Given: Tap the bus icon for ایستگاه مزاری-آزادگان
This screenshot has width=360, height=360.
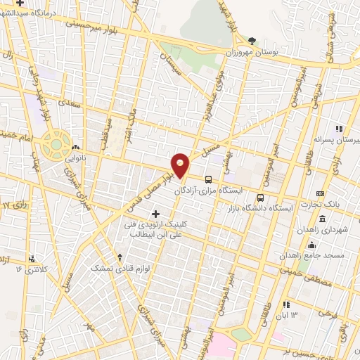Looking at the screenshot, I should pyautogui.click(x=209, y=179).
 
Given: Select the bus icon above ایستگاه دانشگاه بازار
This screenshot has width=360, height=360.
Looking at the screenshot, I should pyautogui.click(x=261, y=178).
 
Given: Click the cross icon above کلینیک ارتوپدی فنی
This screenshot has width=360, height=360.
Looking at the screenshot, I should pyautogui.click(x=155, y=213).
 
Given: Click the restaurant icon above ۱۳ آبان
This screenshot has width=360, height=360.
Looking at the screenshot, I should pyautogui.click(x=286, y=304).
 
